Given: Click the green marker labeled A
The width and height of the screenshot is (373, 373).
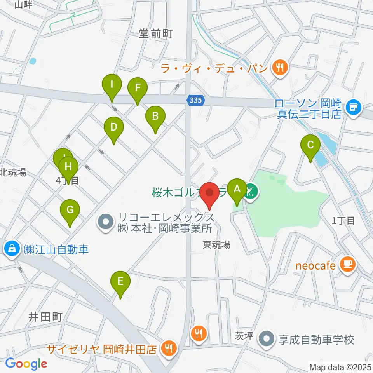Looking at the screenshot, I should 237,189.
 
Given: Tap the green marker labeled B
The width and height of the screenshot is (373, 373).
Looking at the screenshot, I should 155,116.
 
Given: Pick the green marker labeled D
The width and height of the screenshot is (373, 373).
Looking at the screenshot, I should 114,127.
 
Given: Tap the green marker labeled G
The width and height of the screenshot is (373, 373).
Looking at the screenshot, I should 70,211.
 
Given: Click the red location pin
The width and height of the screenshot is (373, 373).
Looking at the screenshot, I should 210,193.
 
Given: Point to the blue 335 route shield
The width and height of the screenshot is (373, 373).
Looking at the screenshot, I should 196,100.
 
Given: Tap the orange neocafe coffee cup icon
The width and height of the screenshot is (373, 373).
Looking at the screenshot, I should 347,265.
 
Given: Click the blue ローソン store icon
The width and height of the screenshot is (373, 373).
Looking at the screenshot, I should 354,105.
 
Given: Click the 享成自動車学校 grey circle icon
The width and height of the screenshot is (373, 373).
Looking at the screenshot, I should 267,339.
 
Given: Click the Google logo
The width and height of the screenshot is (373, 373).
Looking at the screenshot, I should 26,363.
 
